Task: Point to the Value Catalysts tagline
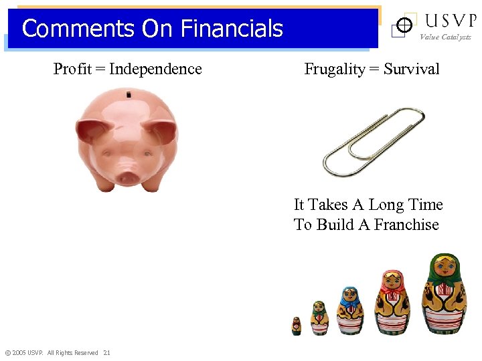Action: click(445, 37)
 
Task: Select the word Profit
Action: click(72, 69)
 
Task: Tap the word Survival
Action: click(412, 69)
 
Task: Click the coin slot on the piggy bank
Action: click(129, 96)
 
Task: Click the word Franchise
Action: click(406, 225)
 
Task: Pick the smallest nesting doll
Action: click(296, 326)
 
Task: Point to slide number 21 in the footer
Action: click(107, 352)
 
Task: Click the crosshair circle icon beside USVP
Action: click(404, 25)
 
